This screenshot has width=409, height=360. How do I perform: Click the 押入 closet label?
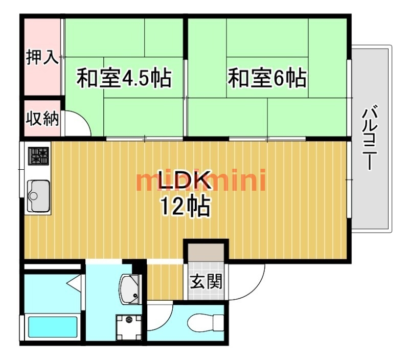(42, 57)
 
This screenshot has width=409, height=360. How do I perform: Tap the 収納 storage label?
(42, 119)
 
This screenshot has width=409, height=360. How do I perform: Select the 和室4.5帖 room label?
(124, 78)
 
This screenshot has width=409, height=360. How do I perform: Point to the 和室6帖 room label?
(267, 78)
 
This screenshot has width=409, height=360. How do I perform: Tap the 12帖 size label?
(186, 207)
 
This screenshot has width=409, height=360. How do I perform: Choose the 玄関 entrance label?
(206, 281)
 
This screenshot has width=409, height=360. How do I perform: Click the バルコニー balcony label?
(370, 137)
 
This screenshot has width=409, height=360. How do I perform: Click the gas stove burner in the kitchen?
(38, 156)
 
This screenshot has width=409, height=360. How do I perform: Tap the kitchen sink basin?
(38, 196)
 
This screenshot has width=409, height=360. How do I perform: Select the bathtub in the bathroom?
(53, 327)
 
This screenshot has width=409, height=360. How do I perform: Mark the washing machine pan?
(129, 327)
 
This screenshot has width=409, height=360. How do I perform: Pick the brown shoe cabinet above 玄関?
(206, 252)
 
